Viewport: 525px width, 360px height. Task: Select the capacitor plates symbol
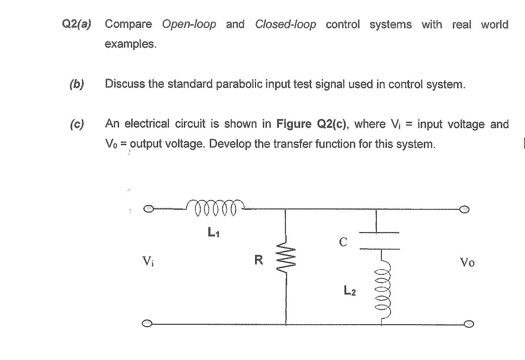[379, 241]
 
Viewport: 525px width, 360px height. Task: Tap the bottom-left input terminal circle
[147, 323]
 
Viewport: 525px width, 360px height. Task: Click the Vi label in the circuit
[148, 262]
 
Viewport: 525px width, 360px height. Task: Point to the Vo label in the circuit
[467, 263]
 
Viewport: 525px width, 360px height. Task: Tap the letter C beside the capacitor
[343, 242]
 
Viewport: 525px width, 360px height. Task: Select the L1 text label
[213, 232]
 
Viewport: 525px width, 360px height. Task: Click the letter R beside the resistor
[259, 260]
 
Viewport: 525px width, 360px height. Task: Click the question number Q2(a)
[76, 25]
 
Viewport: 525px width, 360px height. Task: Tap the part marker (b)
[77, 84]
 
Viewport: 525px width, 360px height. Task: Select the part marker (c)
[77, 124]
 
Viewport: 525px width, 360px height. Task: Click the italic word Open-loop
[189, 25]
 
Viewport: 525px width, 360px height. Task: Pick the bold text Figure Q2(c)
[311, 124]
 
